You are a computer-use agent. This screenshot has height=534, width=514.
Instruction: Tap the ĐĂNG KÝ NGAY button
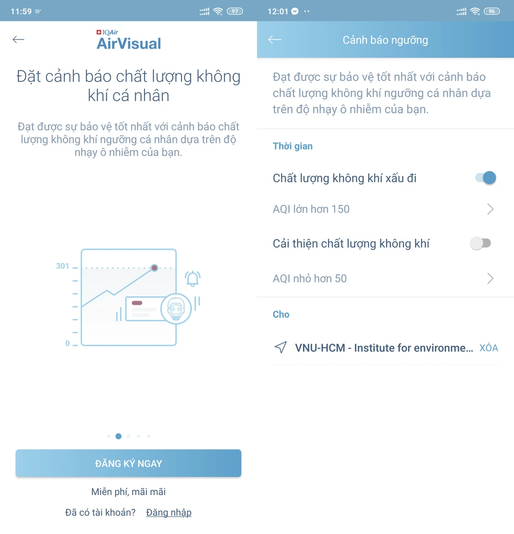coord(128,463)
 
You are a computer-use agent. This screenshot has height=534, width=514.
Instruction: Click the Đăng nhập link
coord(169,512)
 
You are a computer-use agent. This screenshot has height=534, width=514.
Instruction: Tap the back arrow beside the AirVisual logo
coord(19,40)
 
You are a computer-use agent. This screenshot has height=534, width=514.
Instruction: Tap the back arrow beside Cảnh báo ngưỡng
coord(274,40)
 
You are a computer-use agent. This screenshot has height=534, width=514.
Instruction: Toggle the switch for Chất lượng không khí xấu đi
coord(486,178)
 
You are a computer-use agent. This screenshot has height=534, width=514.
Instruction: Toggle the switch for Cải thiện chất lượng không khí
coord(481,243)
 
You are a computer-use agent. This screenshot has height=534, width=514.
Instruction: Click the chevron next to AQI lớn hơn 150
coord(490,209)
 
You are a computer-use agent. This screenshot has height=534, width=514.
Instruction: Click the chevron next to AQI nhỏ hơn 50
coord(490,279)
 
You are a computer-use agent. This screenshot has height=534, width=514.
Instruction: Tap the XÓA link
coord(489,348)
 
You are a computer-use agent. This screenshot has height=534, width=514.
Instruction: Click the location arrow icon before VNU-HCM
coord(281,348)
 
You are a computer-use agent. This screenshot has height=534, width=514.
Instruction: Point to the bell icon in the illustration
coord(193,279)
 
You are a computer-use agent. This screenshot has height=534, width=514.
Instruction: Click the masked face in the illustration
coord(176,309)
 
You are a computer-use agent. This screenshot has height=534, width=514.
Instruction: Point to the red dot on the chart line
coord(154,268)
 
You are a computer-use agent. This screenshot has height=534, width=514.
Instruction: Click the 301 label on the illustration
coord(63,266)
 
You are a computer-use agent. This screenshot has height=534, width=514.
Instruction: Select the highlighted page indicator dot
coord(118,436)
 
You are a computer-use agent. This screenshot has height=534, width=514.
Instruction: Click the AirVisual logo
coord(128,40)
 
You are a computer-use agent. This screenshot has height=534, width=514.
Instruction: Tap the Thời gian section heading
coord(292,146)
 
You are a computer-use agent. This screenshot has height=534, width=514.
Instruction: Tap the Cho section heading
coord(281,314)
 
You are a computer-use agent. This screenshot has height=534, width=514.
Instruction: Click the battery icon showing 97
coord(235,11)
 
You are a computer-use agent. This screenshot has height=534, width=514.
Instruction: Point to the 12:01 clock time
coord(278,11)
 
